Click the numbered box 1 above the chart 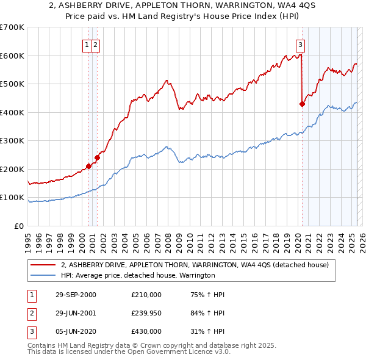[x=88, y=44]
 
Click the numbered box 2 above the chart [x=96, y=44]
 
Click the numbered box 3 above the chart [x=301, y=44]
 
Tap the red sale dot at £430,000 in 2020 [x=302, y=104]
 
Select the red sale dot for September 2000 [x=89, y=166]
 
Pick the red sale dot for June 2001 [x=97, y=157]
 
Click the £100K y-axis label [x=12, y=198]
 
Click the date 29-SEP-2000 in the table [x=75, y=295]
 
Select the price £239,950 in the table [x=146, y=313]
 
